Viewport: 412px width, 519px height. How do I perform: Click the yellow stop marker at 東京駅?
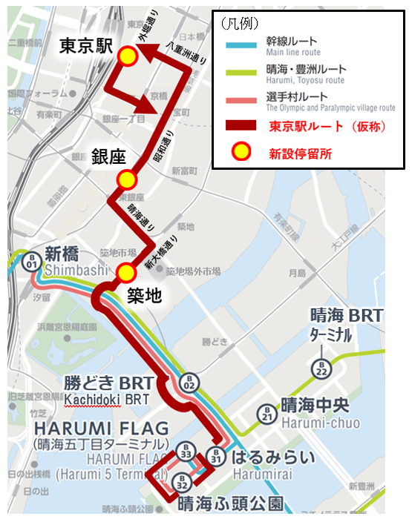click(128, 56)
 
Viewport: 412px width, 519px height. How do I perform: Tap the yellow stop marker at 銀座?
click(127, 179)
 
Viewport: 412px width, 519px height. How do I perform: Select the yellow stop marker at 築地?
click(126, 272)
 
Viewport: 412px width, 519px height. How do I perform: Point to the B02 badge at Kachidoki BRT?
click(189, 384)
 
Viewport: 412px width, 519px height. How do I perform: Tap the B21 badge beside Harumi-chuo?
click(267, 414)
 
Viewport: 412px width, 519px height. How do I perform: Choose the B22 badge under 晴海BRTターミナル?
click(321, 368)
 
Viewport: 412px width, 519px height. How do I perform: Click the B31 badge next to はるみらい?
click(216, 456)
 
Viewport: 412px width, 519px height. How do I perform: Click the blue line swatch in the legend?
click(241, 45)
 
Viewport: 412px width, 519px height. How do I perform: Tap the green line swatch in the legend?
click(241, 73)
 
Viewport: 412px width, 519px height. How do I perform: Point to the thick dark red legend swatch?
click(241, 127)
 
